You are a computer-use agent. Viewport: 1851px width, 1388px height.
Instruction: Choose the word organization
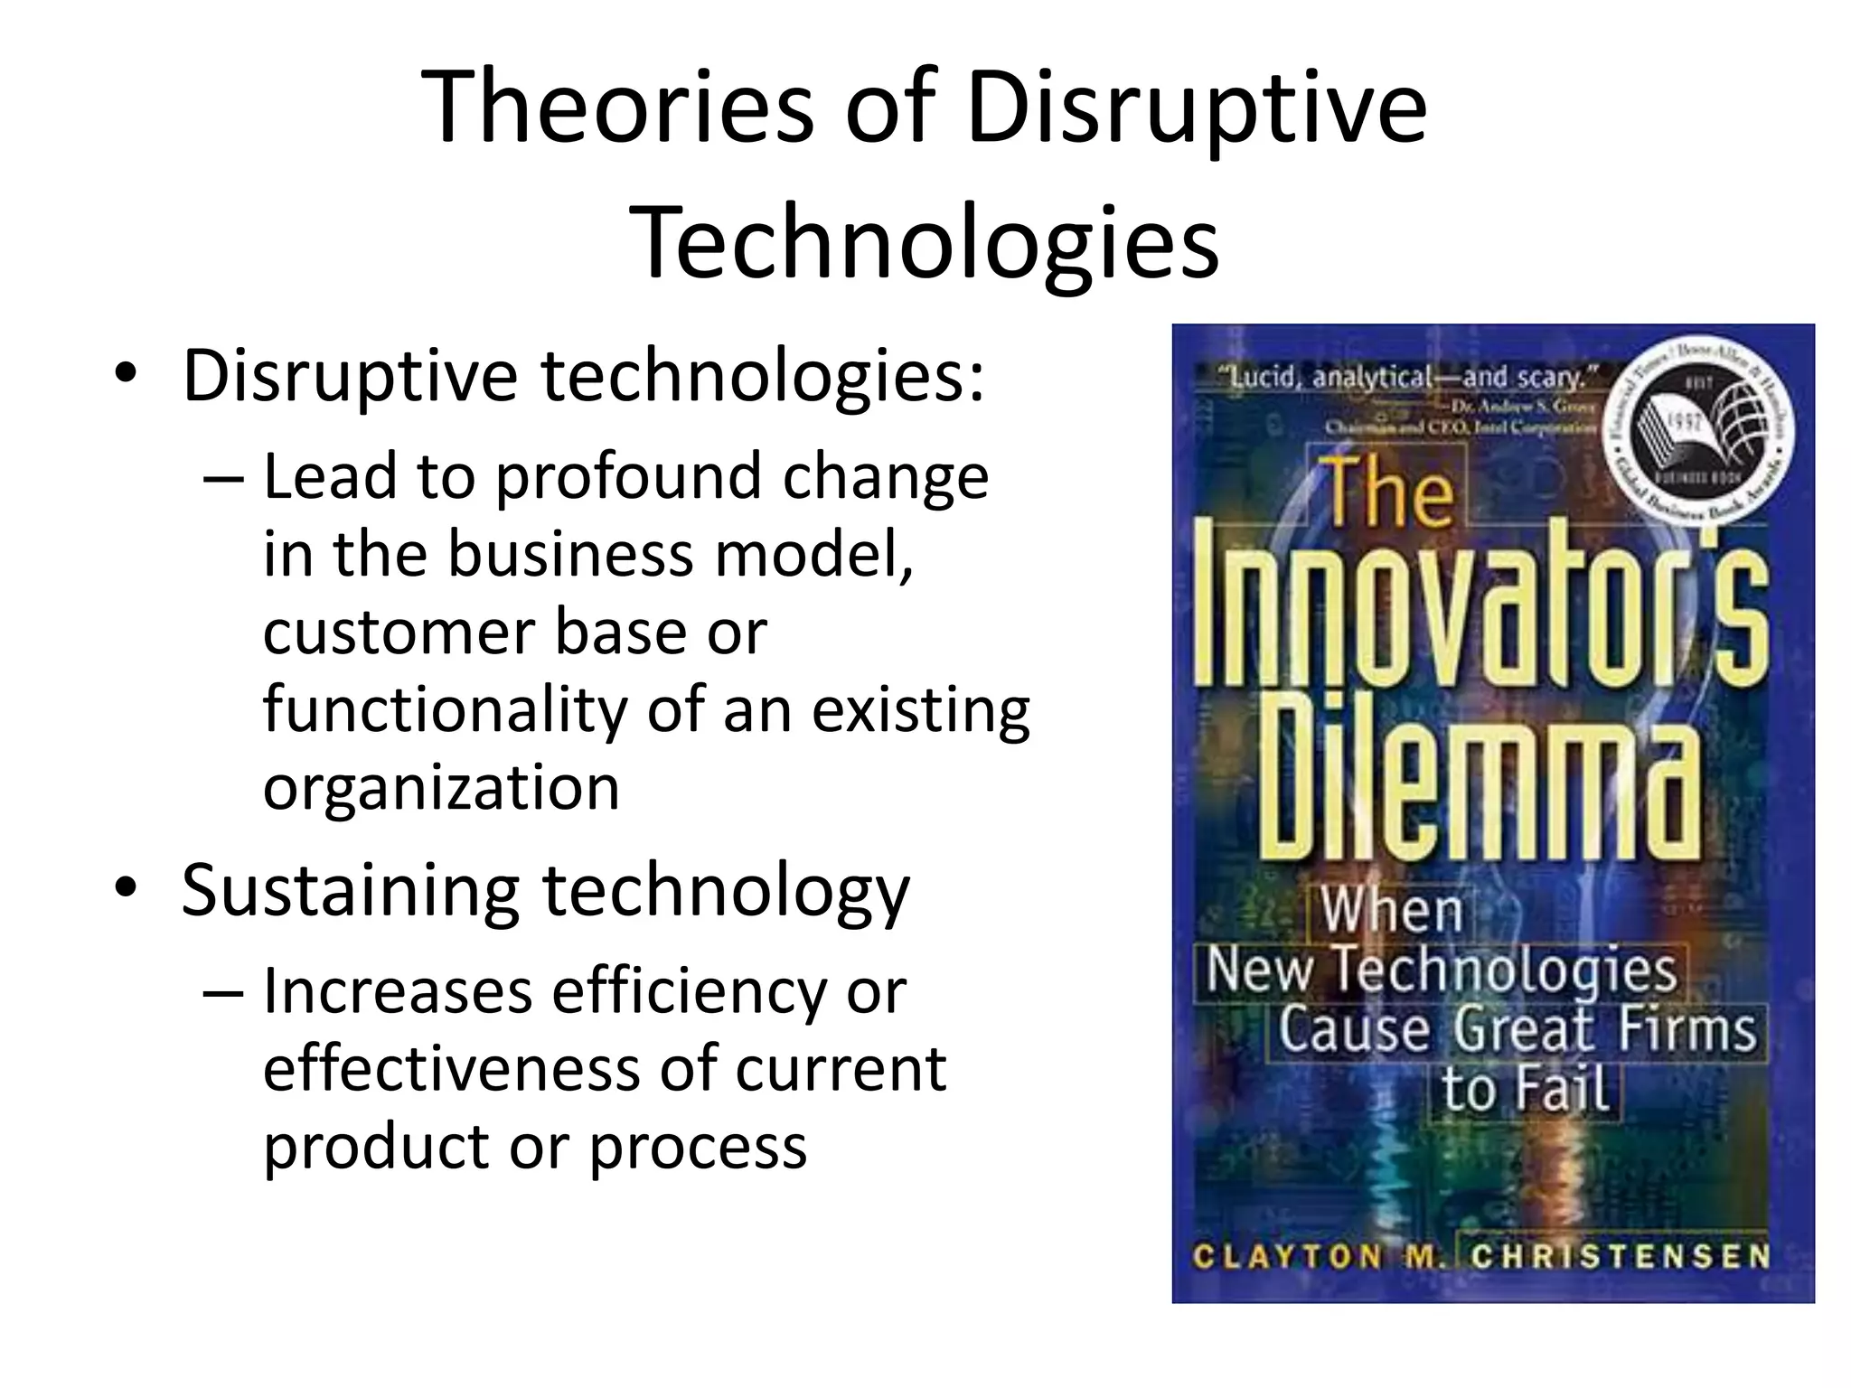tap(441, 788)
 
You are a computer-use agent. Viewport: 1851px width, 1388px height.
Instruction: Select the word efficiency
tap(689, 992)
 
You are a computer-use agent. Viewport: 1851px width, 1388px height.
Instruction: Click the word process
tap(698, 1148)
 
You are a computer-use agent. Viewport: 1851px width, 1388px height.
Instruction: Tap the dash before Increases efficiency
tap(223, 992)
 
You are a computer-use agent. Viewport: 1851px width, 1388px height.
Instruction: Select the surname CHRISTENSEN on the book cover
tap(1620, 1257)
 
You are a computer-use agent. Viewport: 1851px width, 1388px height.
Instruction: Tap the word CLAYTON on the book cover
tap(1287, 1257)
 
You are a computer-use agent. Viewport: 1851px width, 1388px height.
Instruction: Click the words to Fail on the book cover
tap(1526, 1089)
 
